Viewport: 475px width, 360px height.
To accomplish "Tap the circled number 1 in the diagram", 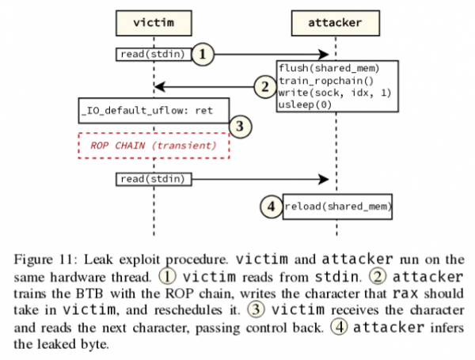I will [203, 54].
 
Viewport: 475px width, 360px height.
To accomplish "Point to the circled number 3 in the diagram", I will [239, 124].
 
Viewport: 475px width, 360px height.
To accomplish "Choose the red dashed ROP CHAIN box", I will [154, 145].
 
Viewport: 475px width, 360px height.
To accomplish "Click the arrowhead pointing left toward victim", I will [159, 85].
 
